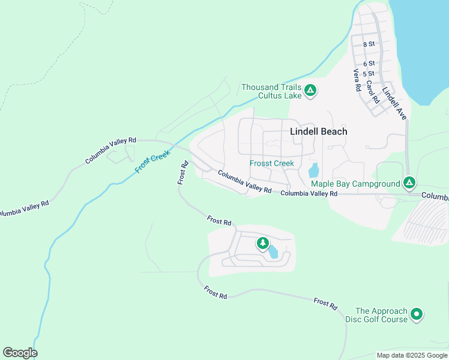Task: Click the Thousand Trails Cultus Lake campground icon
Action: [310, 91]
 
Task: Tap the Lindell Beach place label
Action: [318, 131]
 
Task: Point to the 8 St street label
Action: [369, 44]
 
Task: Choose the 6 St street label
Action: [369, 64]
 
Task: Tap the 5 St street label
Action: [369, 73]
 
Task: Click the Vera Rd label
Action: [357, 80]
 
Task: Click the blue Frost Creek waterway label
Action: [153, 162]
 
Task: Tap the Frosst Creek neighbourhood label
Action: [272, 163]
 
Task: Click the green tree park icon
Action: [262, 243]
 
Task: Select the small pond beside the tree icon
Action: [273, 251]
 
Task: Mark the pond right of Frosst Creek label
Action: [313, 170]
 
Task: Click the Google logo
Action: [20, 353]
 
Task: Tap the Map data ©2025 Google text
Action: [411, 355]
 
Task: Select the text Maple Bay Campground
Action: [355, 183]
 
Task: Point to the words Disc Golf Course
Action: [376, 319]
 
